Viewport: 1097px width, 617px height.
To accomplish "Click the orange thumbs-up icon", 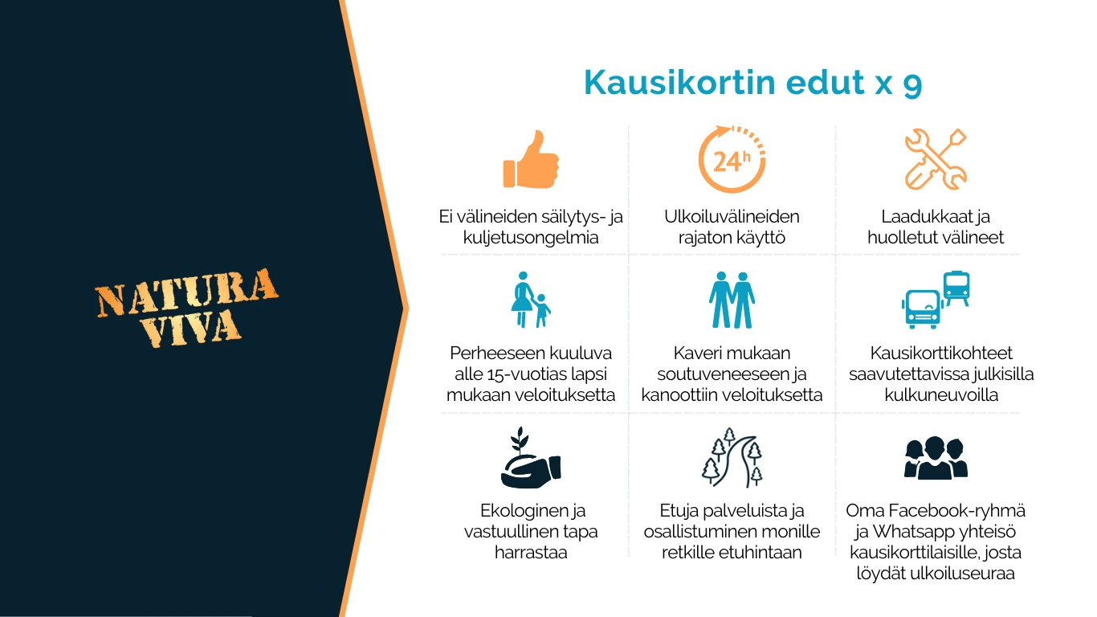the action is tap(531, 159).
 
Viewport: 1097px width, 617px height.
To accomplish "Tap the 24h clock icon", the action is tap(732, 159).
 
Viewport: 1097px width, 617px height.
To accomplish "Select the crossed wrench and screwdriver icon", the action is tap(936, 159).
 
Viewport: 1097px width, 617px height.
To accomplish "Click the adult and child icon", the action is tap(531, 300).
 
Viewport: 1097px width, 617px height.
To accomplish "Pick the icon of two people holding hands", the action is tap(732, 300).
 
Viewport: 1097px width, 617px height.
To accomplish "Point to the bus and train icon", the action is tap(936, 300).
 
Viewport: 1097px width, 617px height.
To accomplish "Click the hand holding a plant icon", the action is tap(531, 457).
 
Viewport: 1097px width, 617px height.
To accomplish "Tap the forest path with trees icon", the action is tap(732, 457).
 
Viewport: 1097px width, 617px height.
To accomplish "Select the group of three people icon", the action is tap(936, 457).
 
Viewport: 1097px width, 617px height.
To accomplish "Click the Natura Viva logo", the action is tap(186, 308).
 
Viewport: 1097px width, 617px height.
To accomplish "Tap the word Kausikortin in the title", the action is tap(679, 82).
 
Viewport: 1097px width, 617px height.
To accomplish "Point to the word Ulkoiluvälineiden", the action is tap(732, 216).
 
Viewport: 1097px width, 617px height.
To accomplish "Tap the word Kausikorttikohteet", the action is tap(941, 353).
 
